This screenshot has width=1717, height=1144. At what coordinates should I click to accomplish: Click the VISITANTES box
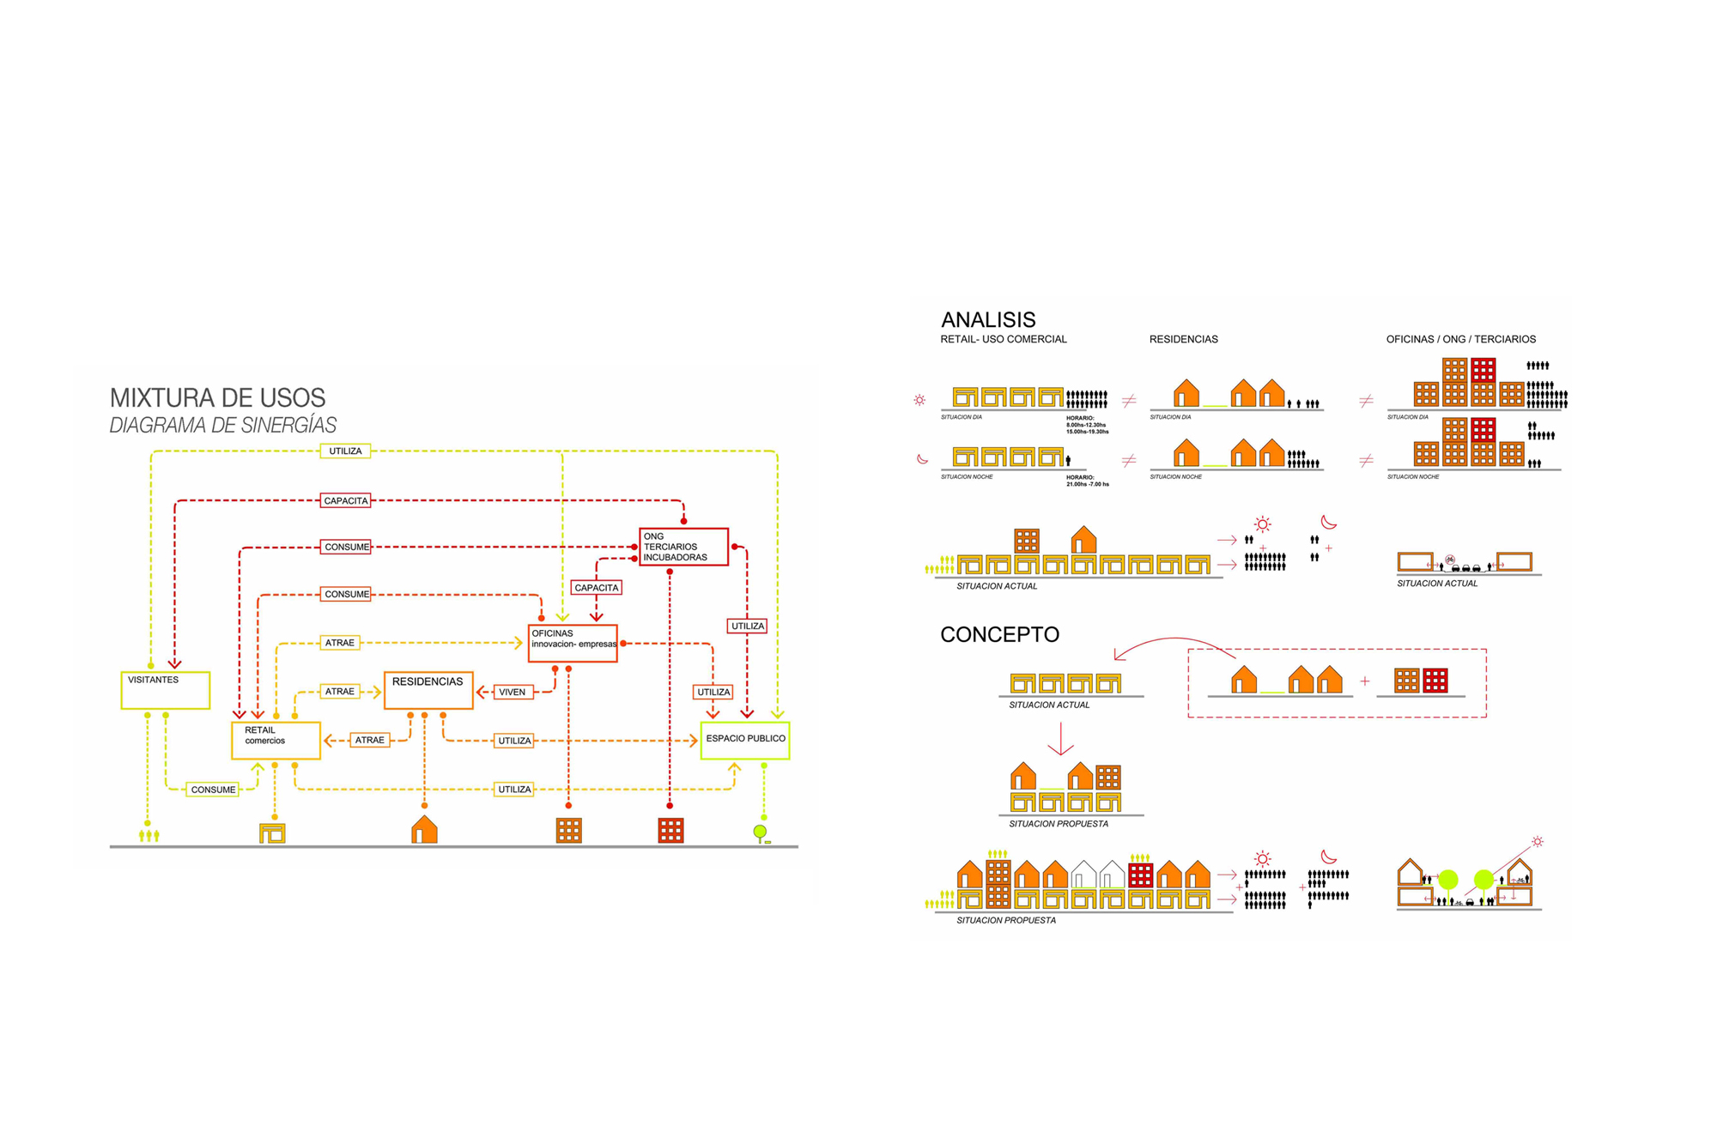pos(165,690)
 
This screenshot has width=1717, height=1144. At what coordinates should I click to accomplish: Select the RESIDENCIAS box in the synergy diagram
pos(428,690)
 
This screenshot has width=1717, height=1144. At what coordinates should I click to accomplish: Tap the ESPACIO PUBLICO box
pos(745,740)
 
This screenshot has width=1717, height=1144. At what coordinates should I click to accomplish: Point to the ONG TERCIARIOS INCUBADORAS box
pos(683,547)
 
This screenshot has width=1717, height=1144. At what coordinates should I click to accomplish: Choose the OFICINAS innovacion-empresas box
pos(573,644)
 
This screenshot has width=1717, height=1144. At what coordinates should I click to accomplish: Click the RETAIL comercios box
pos(276,740)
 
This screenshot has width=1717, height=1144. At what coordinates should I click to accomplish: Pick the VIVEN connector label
pos(513,692)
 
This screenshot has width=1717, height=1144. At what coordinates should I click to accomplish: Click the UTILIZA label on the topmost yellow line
pos(345,451)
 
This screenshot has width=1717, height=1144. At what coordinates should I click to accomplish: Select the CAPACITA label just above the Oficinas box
pos(596,588)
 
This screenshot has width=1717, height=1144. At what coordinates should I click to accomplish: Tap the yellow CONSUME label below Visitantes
pos(213,790)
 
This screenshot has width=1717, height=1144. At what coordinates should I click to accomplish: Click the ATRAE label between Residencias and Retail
pos(370,740)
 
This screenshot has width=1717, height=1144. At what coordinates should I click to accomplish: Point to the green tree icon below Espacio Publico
pos(760,832)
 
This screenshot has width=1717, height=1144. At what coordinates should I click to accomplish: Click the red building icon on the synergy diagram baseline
pos(670,831)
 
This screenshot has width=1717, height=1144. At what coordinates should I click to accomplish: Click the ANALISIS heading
pos(988,320)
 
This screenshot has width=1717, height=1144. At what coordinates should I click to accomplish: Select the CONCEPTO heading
pos(999,635)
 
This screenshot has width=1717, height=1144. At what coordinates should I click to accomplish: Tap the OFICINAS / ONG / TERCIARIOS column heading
pos(1460,340)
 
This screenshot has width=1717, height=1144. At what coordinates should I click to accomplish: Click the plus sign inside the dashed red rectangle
pos(1365,681)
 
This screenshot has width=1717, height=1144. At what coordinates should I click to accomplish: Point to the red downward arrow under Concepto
pos(1061,739)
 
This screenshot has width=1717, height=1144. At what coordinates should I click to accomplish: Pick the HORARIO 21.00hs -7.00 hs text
pos(1087,481)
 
